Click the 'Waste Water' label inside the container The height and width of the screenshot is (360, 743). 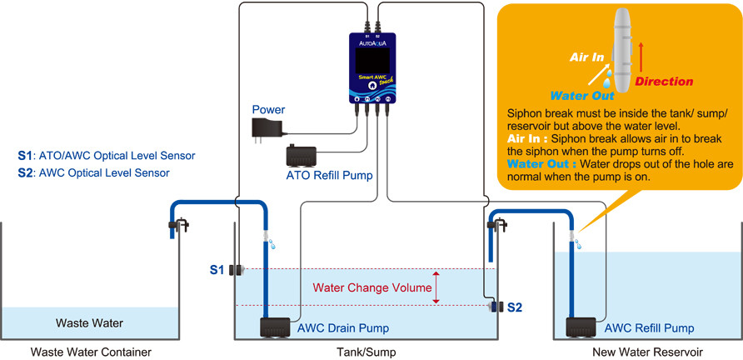click(x=89, y=322)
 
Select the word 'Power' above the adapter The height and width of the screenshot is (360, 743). click(x=268, y=109)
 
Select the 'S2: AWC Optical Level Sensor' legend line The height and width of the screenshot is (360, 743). click(x=92, y=173)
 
